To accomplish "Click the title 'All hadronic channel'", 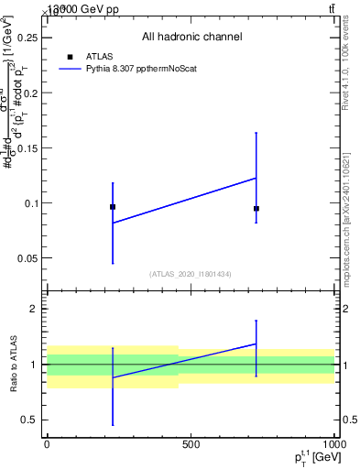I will point(191,38).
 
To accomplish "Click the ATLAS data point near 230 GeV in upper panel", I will point(113,207).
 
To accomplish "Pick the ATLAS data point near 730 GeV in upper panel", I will point(256,209).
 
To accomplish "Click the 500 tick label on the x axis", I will point(191,444).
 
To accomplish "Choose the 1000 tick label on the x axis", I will point(333,444).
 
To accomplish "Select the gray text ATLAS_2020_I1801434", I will point(191,274).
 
